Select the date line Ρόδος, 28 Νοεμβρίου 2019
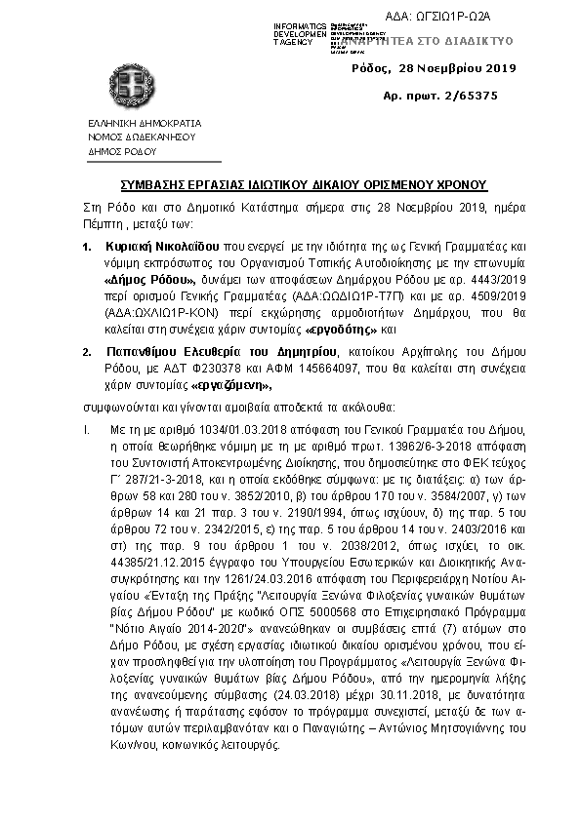tap(435, 68)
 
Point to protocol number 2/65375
tap(466, 96)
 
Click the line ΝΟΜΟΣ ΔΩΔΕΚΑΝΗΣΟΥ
tap(142, 137)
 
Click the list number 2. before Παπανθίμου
tap(87, 350)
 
